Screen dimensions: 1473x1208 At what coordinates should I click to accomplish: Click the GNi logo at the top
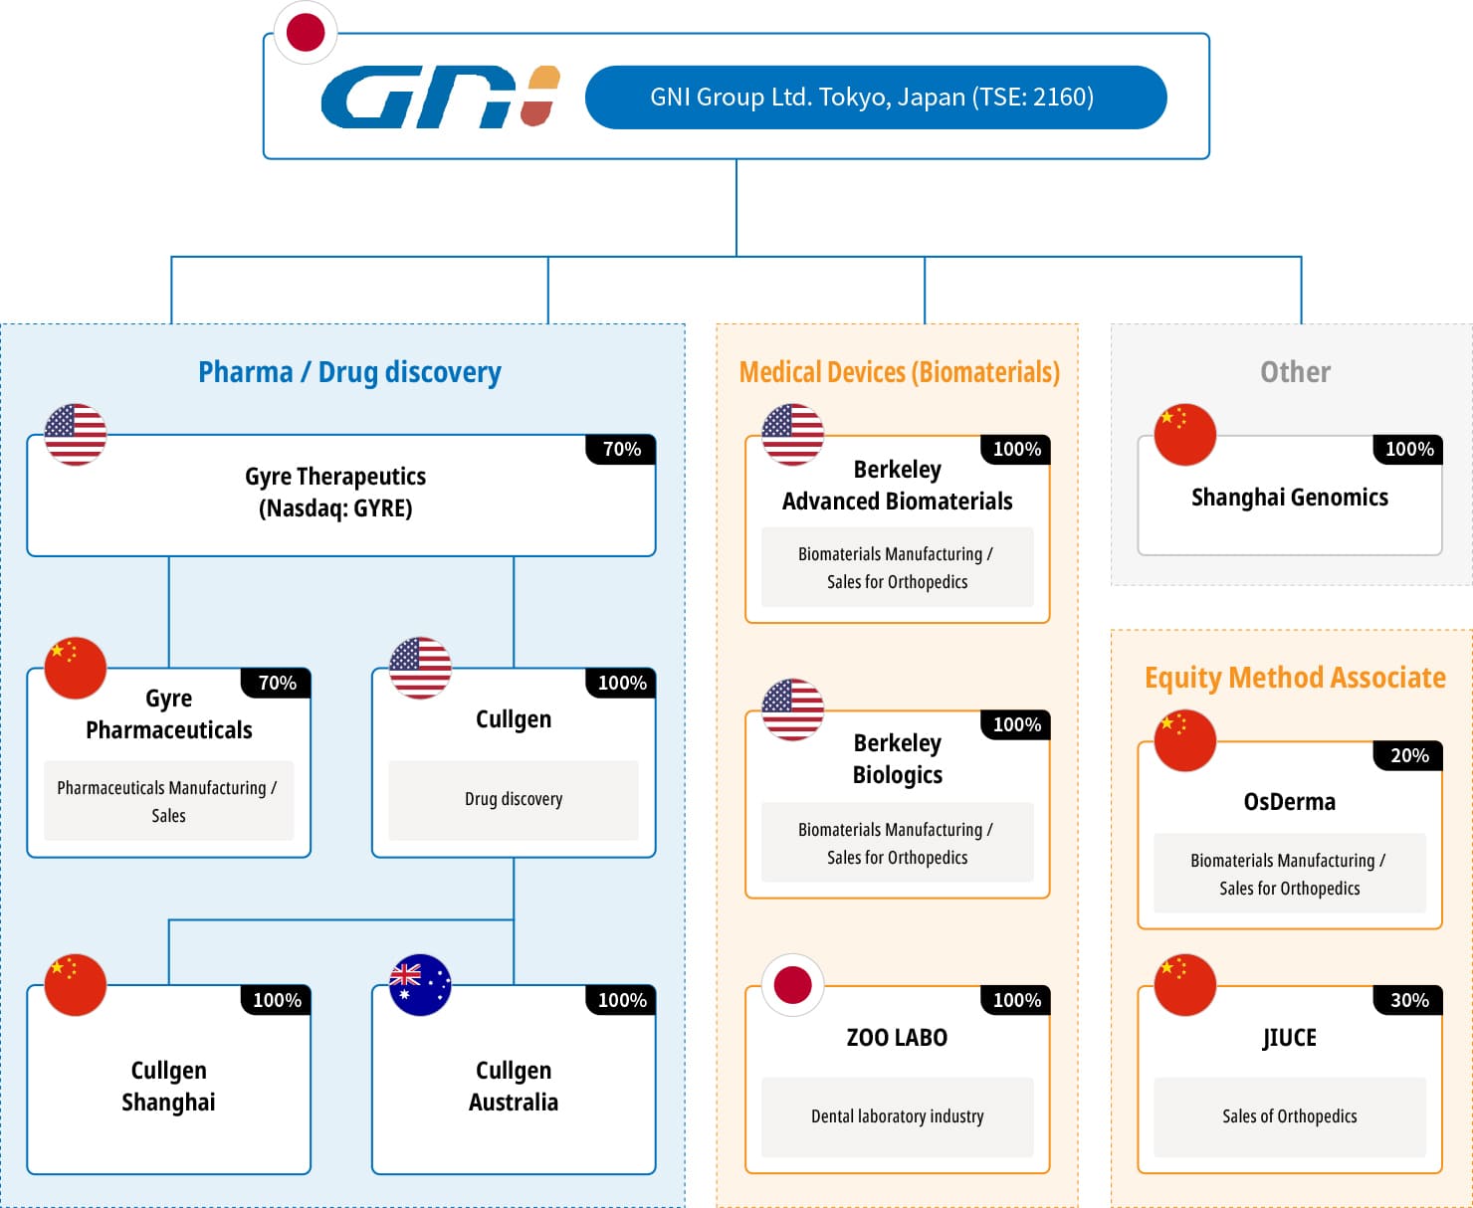pyautogui.click(x=440, y=97)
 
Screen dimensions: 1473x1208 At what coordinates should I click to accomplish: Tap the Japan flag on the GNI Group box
pyautogui.click(x=306, y=33)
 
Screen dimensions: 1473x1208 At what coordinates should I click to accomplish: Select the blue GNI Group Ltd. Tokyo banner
pyautogui.click(x=875, y=98)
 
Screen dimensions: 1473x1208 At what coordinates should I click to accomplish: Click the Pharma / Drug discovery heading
pyautogui.click(x=350, y=372)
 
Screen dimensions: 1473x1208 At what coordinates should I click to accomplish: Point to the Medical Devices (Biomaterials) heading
pyautogui.click(x=900, y=372)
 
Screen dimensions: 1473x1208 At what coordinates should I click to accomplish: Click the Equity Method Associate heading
pyautogui.click(x=1295, y=678)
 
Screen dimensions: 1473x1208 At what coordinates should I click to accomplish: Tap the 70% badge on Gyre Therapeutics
pyautogui.click(x=621, y=449)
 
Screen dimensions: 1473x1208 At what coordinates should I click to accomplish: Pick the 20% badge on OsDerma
pyautogui.click(x=1408, y=755)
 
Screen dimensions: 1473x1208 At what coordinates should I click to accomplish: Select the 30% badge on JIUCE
pyautogui.click(x=1408, y=1000)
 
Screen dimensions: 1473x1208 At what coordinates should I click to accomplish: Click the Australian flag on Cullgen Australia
pyautogui.click(x=420, y=984)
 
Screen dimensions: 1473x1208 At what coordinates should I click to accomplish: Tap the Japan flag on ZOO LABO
pyautogui.click(x=792, y=984)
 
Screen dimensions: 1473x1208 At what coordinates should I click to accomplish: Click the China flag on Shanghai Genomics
pyautogui.click(x=1185, y=434)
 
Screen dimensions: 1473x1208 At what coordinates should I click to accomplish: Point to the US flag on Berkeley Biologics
pyautogui.click(x=792, y=709)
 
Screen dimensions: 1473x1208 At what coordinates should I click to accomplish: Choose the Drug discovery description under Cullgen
pyautogui.click(x=514, y=799)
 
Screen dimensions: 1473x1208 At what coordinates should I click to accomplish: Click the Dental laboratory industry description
pyautogui.click(x=898, y=1115)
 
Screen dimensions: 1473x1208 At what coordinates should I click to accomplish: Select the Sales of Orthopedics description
pyautogui.click(x=1289, y=1115)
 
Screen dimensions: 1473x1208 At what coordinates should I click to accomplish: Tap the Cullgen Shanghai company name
pyautogui.click(x=168, y=1086)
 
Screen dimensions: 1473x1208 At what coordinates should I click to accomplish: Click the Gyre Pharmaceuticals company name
pyautogui.click(x=168, y=713)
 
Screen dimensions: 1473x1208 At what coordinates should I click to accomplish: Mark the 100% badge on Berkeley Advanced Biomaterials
pyautogui.click(x=1015, y=449)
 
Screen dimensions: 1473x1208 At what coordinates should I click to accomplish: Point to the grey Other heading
pyautogui.click(x=1295, y=372)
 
